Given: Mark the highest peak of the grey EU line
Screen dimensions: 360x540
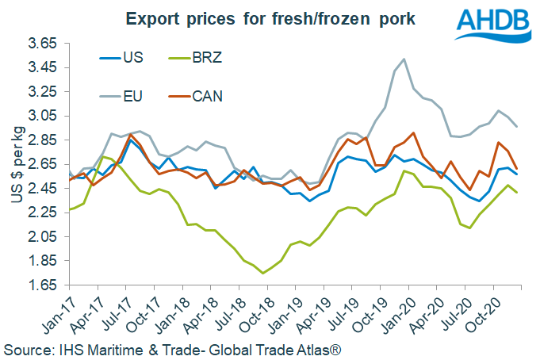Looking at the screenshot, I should click(x=405, y=59).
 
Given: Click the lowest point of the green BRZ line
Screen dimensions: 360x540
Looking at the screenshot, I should click(x=263, y=274).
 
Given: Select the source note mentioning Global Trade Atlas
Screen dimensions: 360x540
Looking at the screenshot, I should click(x=174, y=348).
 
